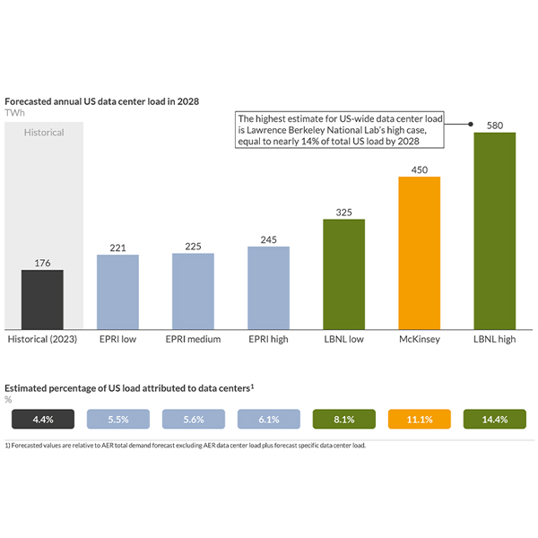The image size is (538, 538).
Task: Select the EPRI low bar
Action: point(117,291)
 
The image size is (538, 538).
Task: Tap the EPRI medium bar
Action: point(193,291)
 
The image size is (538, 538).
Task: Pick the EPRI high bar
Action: point(268,287)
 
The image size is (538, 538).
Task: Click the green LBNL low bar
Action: point(343,273)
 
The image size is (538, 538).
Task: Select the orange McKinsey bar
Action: point(419,252)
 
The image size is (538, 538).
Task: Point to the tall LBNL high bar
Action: point(494,230)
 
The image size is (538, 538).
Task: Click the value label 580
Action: point(494,125)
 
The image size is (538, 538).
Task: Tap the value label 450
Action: point(419,169)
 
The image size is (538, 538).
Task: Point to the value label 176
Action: point(42,263)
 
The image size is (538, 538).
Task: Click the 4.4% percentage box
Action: point(42,419)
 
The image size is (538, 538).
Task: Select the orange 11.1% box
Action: point(419,419)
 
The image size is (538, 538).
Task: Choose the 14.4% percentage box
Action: point(494,419)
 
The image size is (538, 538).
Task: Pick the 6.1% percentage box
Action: point(268,419)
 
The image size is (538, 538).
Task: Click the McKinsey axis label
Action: point(419,341)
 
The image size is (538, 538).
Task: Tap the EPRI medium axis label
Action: point(193,341)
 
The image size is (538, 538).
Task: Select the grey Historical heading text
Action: point(44,133)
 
